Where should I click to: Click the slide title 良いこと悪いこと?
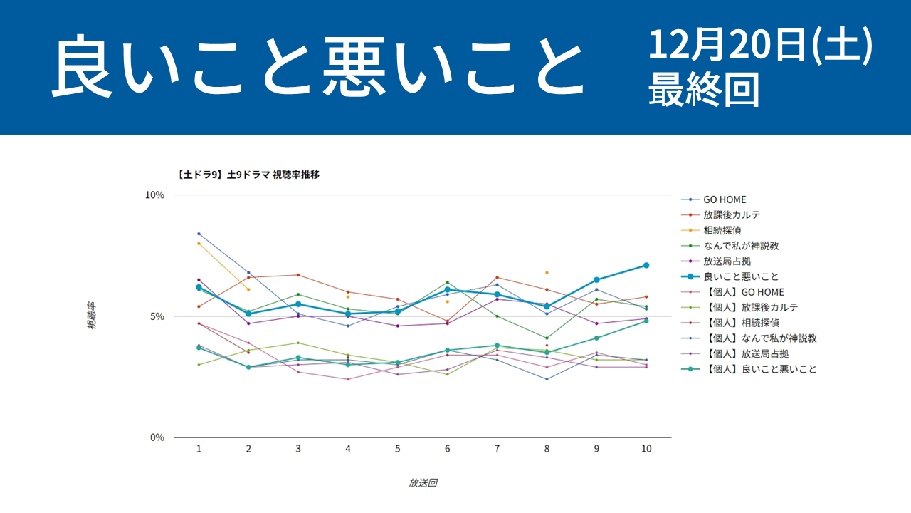click(317, 68)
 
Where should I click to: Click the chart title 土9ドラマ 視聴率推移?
click(248, 174)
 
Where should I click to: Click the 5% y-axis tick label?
click(158, 316)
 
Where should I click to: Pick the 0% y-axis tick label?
click(158, 437)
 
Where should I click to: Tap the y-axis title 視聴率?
click(92, 315)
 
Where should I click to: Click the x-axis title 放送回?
click(422, 483)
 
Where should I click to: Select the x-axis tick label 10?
click(646, 449)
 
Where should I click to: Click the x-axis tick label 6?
click(447, 449)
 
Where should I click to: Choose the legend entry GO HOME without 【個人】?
click(725, 199)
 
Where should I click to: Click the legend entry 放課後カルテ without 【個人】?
click(732, 214)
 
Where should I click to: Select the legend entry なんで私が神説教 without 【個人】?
click(741, 246)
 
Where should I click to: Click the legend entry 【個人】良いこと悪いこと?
click(759, 369)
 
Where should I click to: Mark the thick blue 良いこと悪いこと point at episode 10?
click(646, 265)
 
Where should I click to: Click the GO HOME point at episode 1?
click(199, 234)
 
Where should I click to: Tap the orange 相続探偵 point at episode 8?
click(547, 272)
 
